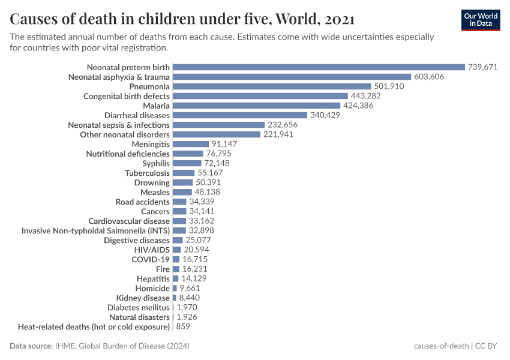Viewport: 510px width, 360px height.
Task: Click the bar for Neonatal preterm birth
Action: pyautogui.click(x=319, y=67)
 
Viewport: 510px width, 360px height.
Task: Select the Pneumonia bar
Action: pyautogui.click(x=272, y=86)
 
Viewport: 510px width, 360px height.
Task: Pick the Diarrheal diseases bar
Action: pyautogui.click(x=240, y=115)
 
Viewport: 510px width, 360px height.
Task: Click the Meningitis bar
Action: pyautogui.click(x=190, y=144)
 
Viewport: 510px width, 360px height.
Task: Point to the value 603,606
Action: pyautogui.click(x=431, y=77)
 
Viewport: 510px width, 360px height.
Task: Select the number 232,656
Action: pyautogui.click(x=285, y=125)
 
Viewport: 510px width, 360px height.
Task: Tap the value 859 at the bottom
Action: pyautogui.click(x=184, y=326)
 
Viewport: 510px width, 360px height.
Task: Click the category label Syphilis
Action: pyautogui.click(x=156, y=163)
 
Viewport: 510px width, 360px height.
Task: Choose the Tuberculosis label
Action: pyautogui.click(x=147, y=173)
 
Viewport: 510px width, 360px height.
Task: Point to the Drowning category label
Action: pyautogui.click(x=152, y=182)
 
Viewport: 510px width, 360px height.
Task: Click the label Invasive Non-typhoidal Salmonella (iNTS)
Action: pyautogui.click(x=95, y=230)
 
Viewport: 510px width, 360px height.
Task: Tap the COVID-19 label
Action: pyautogui.click(x=151, y=259)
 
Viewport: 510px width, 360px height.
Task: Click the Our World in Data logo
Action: pyautogui.click(x=480, y=20)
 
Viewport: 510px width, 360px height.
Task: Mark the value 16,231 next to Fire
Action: pyautogui.click(x=194, y=269)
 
